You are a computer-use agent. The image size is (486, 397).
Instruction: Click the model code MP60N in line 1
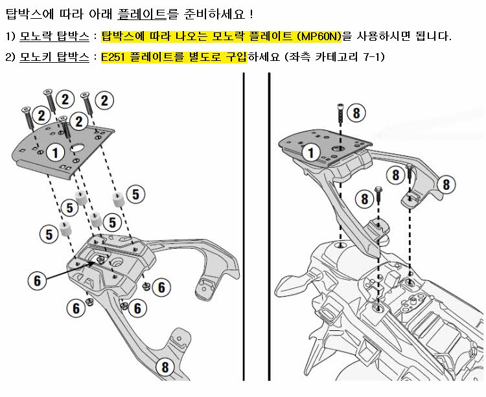321,36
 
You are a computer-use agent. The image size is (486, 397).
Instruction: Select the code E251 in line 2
113,57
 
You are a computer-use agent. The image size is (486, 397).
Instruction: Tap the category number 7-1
372,57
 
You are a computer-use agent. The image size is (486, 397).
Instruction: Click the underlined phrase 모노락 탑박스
54,36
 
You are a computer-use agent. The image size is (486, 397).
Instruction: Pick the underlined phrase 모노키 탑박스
54,57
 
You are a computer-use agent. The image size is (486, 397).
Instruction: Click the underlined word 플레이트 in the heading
143,14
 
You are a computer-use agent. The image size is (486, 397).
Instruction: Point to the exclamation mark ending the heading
251,14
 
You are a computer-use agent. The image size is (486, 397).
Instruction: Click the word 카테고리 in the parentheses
336,57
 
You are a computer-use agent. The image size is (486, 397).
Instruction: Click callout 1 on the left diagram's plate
55,153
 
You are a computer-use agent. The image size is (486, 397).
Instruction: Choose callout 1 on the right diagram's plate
311,153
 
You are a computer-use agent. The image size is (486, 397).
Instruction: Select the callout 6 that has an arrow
37,280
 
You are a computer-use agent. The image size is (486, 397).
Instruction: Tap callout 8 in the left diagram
165,367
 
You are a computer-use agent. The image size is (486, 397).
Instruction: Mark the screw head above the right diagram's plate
340,106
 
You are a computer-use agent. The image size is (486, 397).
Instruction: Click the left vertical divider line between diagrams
244,227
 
